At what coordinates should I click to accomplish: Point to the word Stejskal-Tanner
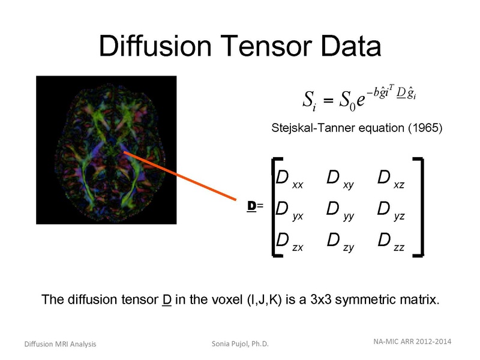click(x=310, y=128)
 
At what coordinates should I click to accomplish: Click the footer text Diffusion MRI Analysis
click(x=60, y=344)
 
